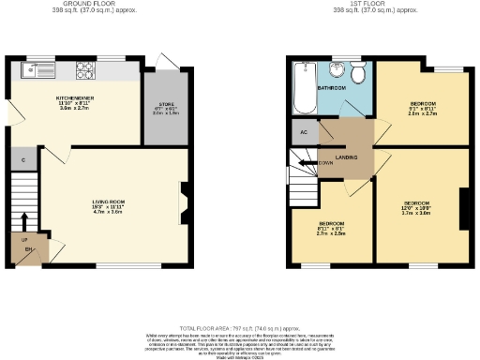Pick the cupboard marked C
[23, 160]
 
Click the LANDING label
[348, 157]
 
